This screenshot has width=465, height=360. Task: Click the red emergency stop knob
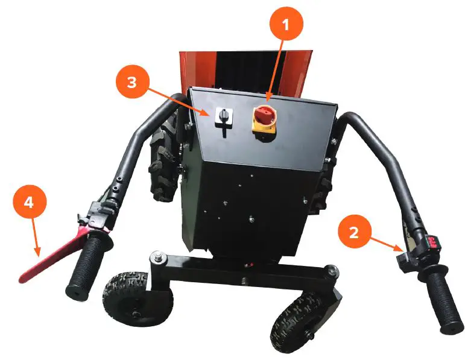tap(265, 114)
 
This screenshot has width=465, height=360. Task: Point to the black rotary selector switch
tap(223, 115)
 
